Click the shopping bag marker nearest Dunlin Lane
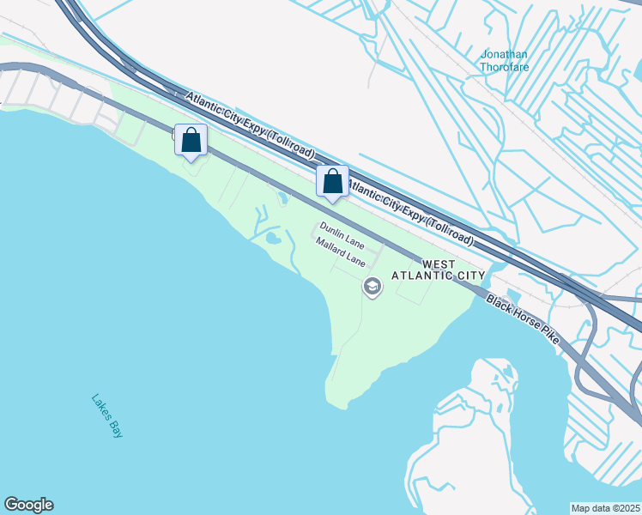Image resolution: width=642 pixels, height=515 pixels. pos(332,181)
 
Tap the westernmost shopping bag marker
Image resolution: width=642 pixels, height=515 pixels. pos(191,140)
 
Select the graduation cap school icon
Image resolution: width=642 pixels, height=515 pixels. pos(372,287)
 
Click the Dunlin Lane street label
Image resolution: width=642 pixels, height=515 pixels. pos(342,232)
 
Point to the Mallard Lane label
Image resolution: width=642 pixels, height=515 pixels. pos(341,251)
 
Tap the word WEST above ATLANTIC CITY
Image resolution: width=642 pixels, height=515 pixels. pos(439,264)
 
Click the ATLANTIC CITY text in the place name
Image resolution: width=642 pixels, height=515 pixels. pos(439,276)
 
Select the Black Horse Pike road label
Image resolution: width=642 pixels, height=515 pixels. pos(523,320)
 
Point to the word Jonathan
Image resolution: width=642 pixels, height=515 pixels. pos(505,54)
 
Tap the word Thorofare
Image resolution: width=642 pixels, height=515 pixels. pos(505,66)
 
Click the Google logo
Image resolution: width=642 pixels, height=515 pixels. pos(28,505)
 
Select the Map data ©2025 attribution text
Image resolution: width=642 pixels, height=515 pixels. pos(605,508)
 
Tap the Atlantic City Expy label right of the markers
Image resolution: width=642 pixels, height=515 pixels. pos(410,209)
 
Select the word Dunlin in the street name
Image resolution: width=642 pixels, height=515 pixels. pos(332,227)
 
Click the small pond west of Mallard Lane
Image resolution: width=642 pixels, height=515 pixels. pos(273,237)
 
